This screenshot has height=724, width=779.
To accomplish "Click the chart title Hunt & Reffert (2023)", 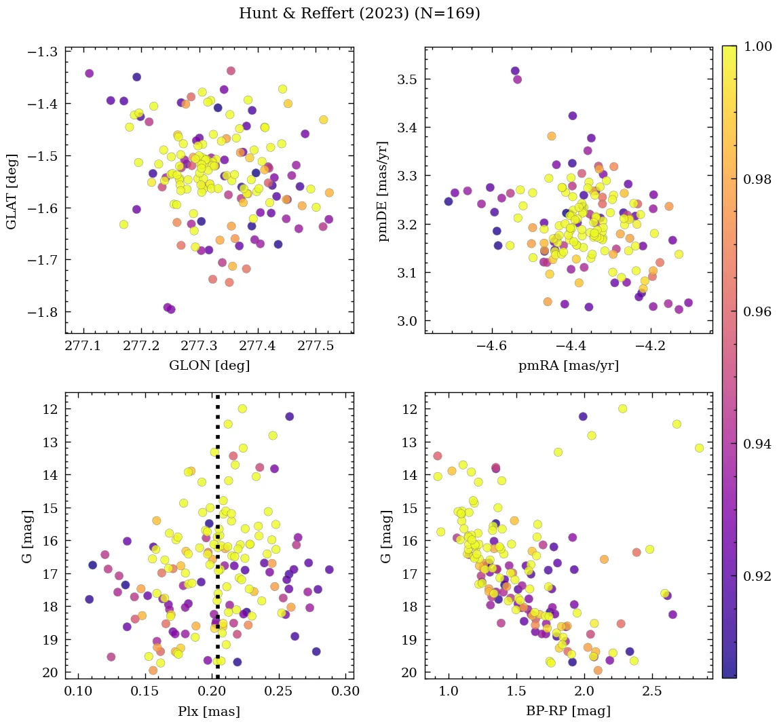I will tap(360, 14).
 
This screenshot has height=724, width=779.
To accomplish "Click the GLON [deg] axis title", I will tap(209, 366).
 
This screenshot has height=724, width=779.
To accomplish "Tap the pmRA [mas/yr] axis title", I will tap(569, 366).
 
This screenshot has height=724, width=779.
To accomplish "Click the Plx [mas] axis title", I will tap(209, 711).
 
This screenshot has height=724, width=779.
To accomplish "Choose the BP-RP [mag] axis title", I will tap(569, 711).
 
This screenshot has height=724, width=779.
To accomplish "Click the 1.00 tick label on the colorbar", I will tap(757, 47).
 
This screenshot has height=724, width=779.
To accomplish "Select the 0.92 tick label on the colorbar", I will tap(757, 576).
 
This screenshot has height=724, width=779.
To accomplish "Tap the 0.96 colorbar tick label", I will tap(757, 311).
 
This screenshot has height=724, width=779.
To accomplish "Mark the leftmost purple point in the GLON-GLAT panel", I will tap(89, 73).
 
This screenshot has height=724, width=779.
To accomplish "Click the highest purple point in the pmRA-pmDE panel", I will tap(515, 71).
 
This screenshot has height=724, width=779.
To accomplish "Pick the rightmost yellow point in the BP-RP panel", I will tap(699, 448).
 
